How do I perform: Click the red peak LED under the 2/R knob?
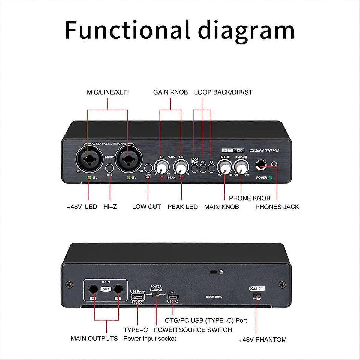[181, 178]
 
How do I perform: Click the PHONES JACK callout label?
[277, 207]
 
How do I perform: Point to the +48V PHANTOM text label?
[262, 340]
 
